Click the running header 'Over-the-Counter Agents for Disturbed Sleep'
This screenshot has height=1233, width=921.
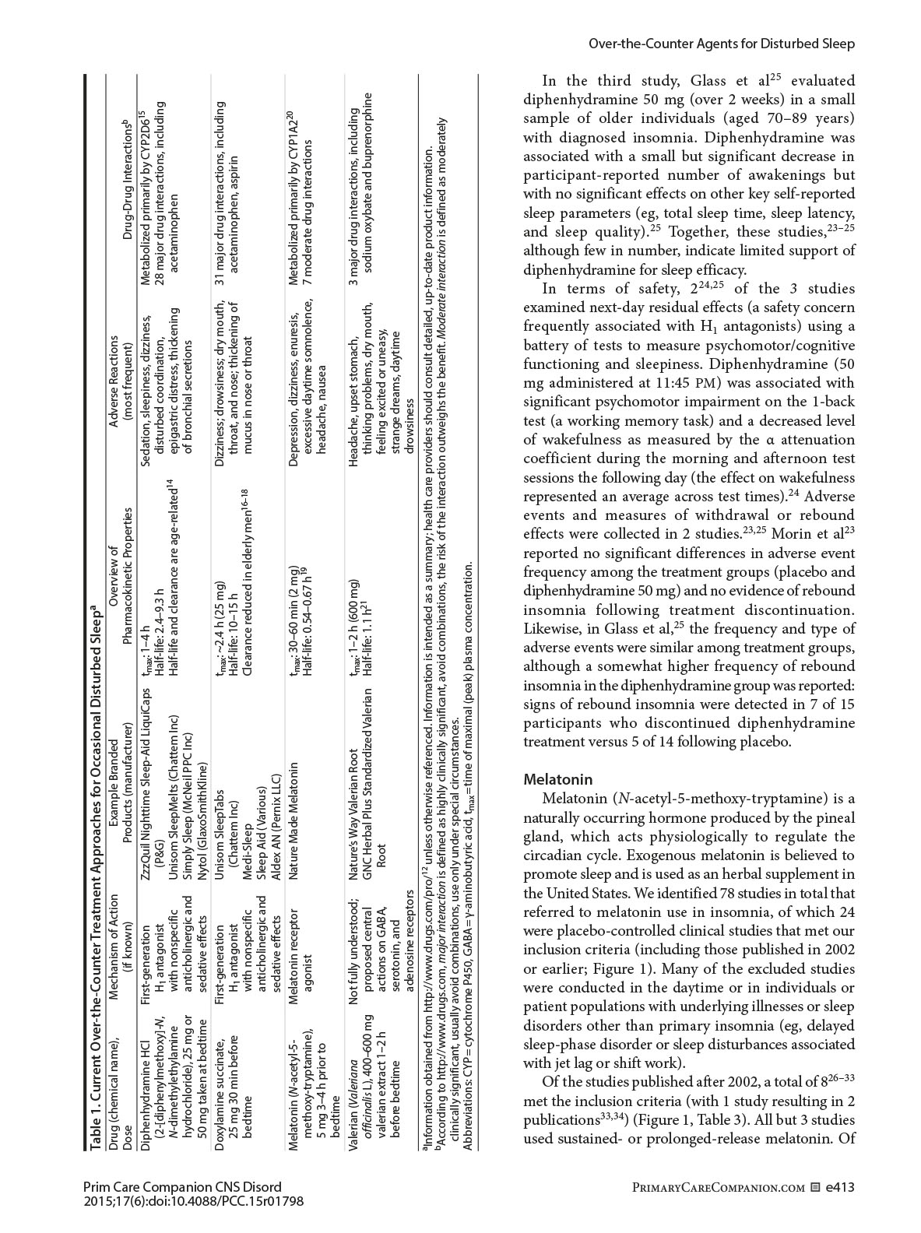coord(720,44)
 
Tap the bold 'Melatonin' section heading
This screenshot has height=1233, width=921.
coord(558,779)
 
